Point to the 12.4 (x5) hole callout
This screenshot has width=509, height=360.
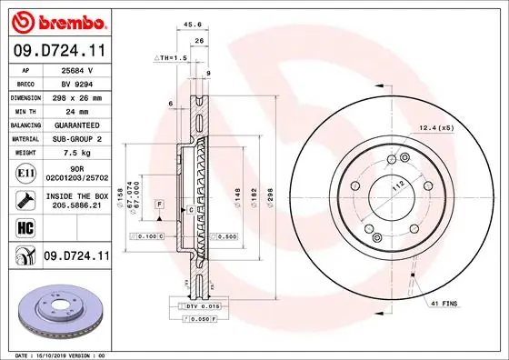click(x=436, y=127)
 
